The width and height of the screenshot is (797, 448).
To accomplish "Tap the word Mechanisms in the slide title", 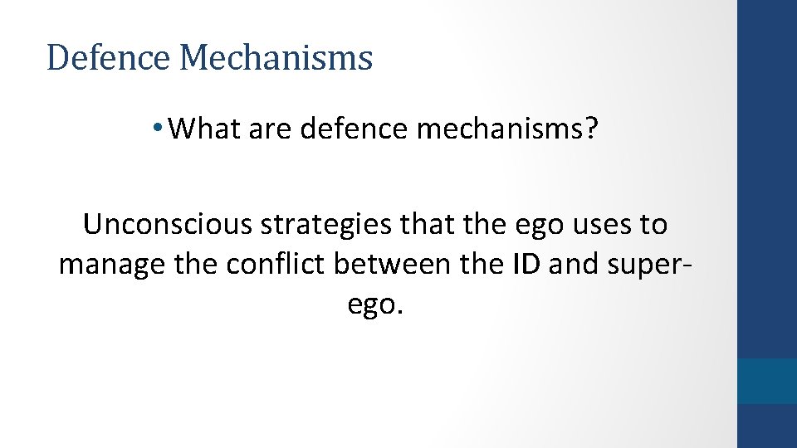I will pos(276,58).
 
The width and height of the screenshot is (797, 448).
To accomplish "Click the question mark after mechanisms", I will pos(589,129).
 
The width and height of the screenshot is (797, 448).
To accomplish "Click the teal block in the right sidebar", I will pos(767,381).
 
